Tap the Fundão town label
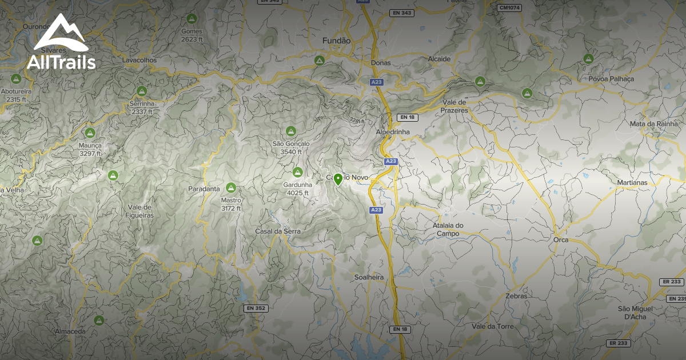[x=336, y=41]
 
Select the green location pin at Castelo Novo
[x=338, y=180]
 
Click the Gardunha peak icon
[x=297, y=172]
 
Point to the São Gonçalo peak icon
[x=290, y=131]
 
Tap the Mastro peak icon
[x=231, y=187]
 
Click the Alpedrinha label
[x=393, y=132]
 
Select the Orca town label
[x=561, y=240]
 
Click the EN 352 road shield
[x=256, y=309]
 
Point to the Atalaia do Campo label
[x=448, y=229]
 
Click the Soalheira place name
[x=369, y=277]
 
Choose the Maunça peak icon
[x=90, y=133]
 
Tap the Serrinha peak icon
[x=142, y=91]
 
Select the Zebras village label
[x=516, y=297]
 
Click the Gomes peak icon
[x=192, y=18]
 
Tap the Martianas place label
[x=632, y=183]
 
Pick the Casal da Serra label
[x=277, y=231]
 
